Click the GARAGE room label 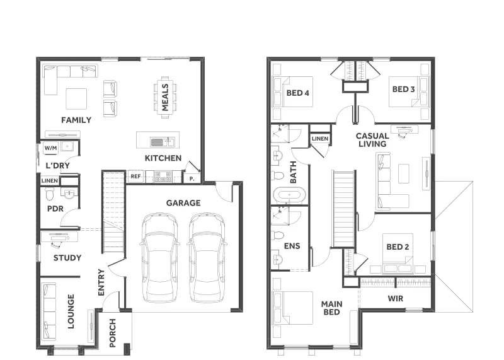tap(183, 203)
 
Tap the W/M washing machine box tap(51, 148)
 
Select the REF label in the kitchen tap(135, 177)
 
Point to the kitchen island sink tap(157, 142)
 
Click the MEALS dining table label tap(165, 97)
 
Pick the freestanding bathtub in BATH tap(289, 195)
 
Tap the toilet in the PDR tap(50, 194)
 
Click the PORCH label tap(113, 333)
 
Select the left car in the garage tap(159, 258)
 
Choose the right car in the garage tap(207, 258)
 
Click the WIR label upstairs tap(396, 299)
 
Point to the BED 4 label tap(297, 93)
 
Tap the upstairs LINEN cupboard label tap(320, 139)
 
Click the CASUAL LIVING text tap(372, 140)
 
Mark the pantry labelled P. tap(192, 178)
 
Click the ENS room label tap(292, 246)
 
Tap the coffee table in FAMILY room tap(76, 99)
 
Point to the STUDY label tap(67, 258)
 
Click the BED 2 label tap(398, 247)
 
